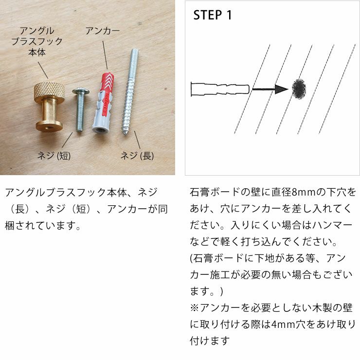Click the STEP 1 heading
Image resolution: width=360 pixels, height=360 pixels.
click(213, 16)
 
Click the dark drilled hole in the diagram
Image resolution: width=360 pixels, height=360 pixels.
click(299, 88)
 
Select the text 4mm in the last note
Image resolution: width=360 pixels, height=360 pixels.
click(281, 324)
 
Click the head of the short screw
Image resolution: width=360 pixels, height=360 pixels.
click(80, 90)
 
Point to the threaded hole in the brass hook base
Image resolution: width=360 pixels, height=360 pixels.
click(50, 127)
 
